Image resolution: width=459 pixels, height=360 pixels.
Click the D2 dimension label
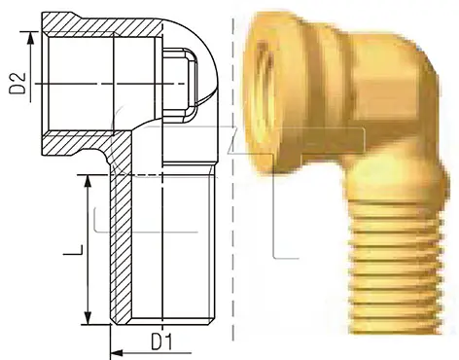point(18,84)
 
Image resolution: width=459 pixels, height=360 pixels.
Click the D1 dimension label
point(161,342)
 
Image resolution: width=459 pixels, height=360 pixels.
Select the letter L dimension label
point(73,249)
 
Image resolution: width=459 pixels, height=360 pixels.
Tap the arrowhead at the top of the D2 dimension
point(30,38)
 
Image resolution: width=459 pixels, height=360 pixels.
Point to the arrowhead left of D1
point(117,353)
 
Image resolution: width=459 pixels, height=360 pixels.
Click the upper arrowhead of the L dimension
point(88,182)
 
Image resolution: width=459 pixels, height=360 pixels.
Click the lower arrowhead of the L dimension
point(88,317)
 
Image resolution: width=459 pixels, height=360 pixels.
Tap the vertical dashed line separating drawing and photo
point(233,178)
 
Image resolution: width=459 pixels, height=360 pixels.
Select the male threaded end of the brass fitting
point(396,266)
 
